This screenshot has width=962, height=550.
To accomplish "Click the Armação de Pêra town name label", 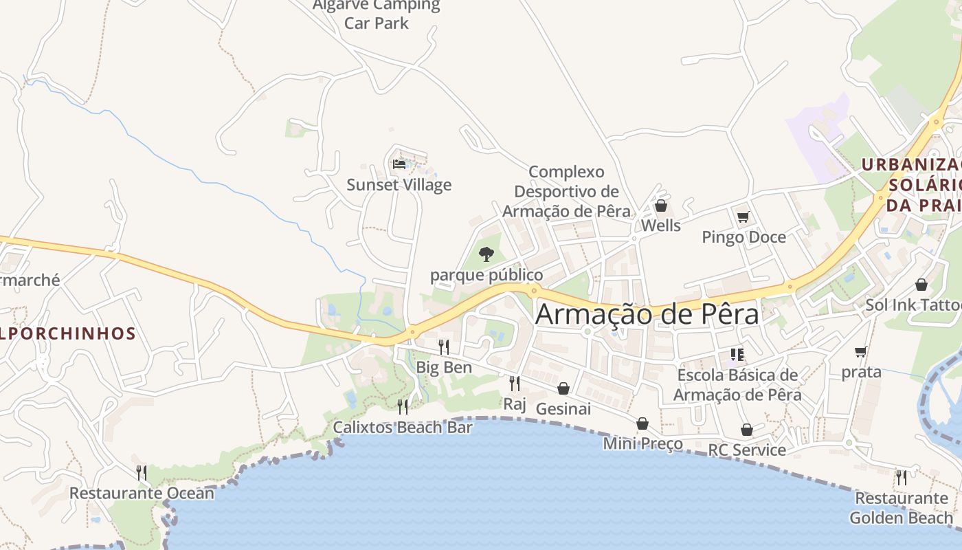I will (x=647, y=314).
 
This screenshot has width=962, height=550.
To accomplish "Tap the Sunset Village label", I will (x=399, y=185).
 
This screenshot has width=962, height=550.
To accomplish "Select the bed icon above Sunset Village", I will (x=399, y=164).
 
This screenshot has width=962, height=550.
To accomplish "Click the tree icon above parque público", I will (x=486, y=254).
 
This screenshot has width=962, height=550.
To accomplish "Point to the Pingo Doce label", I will (x=743, y=237).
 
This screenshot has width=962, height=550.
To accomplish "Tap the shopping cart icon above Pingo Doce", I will (x=743, y=217).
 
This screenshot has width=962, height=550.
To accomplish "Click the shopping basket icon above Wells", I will (x=661, y=206).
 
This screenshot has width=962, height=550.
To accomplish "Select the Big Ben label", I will (x=444, y=367).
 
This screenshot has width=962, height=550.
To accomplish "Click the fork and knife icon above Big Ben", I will (x=444, y=346).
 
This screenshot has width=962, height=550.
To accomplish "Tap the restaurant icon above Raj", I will (x=514, y=383).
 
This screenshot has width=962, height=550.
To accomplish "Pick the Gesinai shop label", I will (x=563, y=409).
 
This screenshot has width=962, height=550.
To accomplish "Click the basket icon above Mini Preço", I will (x=642, y=423).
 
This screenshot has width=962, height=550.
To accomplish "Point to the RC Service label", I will (x=747, y=450).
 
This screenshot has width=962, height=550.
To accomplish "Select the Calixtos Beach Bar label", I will (x=403, y=427).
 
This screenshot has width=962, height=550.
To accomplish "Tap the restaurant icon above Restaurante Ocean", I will (x=141, y=472).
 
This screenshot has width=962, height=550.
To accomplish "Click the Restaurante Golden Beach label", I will (x=902, y=508).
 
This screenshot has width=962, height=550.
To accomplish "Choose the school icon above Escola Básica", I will (x=737, y=355).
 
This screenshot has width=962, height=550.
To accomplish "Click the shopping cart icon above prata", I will (x=860, y=352).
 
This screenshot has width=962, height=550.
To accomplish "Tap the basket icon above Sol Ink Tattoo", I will (x=921, y=285).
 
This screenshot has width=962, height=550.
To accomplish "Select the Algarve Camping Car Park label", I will (x=377, y=14).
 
